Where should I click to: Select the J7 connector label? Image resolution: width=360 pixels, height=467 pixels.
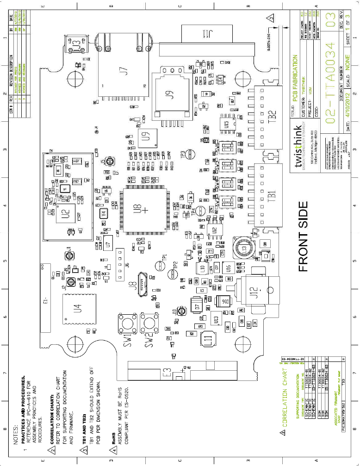[123, 71]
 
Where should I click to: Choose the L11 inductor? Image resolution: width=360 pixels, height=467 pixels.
[209, 341]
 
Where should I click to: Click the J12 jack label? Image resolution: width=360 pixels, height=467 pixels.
[253, 294]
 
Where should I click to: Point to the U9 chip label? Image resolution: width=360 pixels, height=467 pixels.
[146, 137]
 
